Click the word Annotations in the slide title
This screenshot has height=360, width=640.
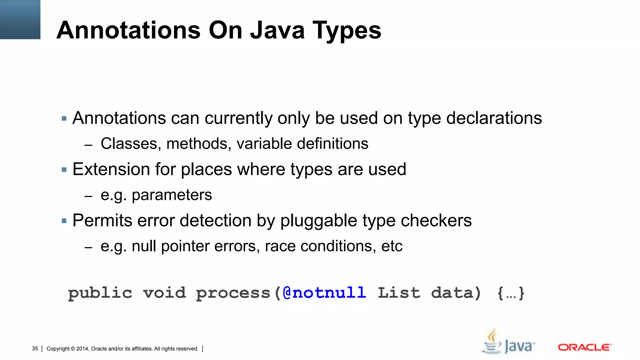(x=128, y=30)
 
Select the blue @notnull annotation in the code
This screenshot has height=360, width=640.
(x=324, y=293)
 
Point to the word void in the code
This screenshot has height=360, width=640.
(x=164, y=293)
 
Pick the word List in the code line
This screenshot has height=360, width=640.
(x=399, y=293)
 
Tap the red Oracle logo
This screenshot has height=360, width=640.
(x=584, y=347)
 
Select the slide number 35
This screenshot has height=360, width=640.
(x=35, y=348)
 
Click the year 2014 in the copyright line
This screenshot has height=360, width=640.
(x=82, y=349)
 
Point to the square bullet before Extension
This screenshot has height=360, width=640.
(x=64, y=170)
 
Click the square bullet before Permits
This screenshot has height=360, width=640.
(x=64, y=221)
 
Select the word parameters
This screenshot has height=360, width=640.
(x=172, y=195)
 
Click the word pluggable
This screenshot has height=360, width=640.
(x=319, y=221)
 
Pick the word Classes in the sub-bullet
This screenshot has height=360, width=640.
(x=131, y=144)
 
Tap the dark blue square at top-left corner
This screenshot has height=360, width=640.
(x=20, y=19)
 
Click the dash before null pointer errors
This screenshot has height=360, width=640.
(x=88, y=247)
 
